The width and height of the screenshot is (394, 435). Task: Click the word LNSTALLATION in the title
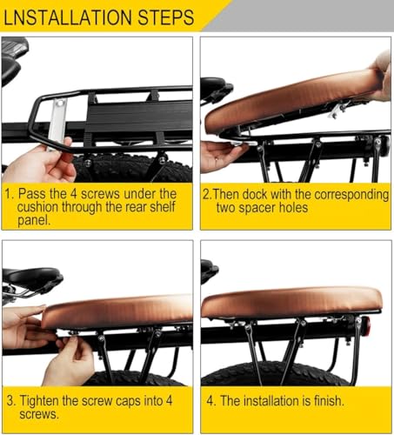coord(70,16)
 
